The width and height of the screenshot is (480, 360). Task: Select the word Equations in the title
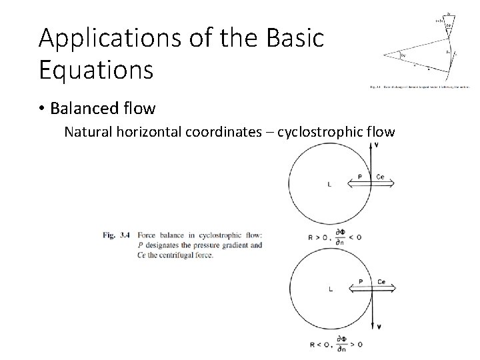96,69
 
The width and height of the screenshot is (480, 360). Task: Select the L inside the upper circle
329,185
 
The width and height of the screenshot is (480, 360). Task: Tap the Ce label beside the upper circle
380,177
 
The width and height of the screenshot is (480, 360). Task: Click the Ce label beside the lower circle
381,281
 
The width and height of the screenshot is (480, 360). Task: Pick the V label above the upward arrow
377,145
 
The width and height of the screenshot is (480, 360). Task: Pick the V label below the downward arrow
379,327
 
